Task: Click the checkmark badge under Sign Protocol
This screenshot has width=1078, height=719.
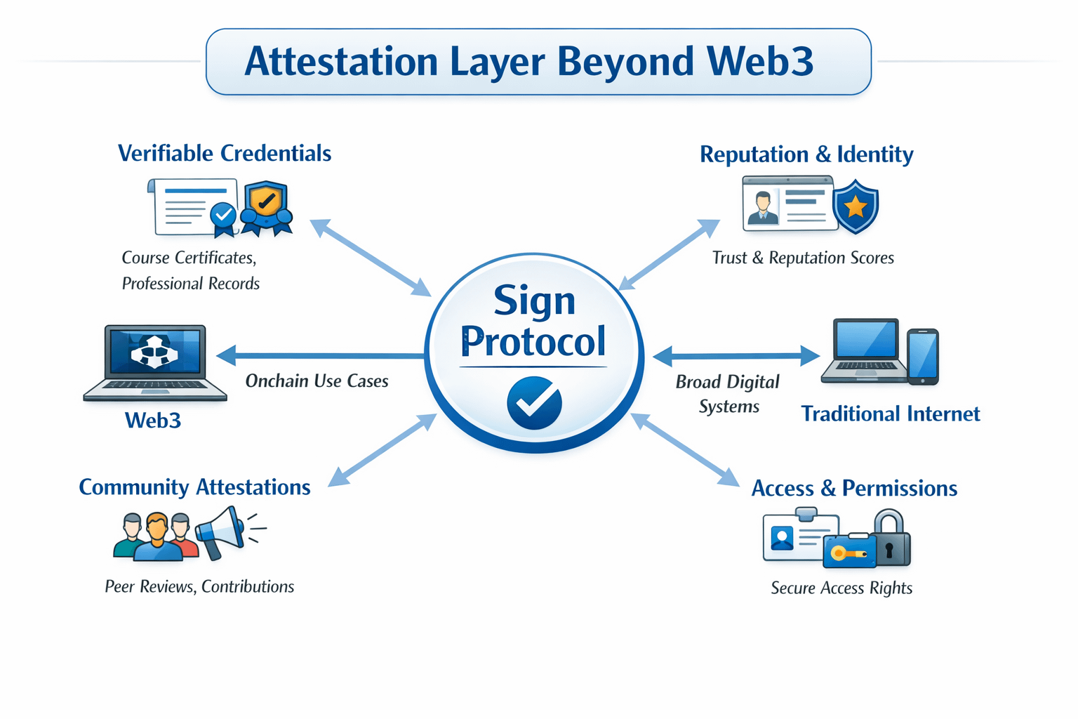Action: click(534, 402)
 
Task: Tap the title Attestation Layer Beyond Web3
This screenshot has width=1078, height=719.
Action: click(528, 61)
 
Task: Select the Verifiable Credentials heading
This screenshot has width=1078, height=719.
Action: click(225, 153)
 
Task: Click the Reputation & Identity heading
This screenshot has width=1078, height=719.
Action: click(806, 154)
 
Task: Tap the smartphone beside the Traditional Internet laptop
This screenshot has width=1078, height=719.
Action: click(922, 356)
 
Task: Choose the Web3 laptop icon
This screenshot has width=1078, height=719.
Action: click(155, 361)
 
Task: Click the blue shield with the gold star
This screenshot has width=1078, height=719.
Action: click(855, 206)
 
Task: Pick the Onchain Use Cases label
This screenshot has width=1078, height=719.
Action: click(317, 381)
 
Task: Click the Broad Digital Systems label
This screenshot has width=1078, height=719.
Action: click(728, 394)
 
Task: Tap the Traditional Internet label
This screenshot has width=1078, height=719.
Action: click(890, 414)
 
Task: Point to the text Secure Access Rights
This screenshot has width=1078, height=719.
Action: click(841, 588)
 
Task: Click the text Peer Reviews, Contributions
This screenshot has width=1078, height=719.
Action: click(199, 586)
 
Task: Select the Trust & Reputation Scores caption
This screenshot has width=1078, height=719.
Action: click(803, 258)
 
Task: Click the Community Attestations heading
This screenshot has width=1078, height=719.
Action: click(194, 487)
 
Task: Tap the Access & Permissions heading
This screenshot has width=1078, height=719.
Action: click(854, 488)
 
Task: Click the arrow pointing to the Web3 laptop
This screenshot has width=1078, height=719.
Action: click(319, 355)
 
